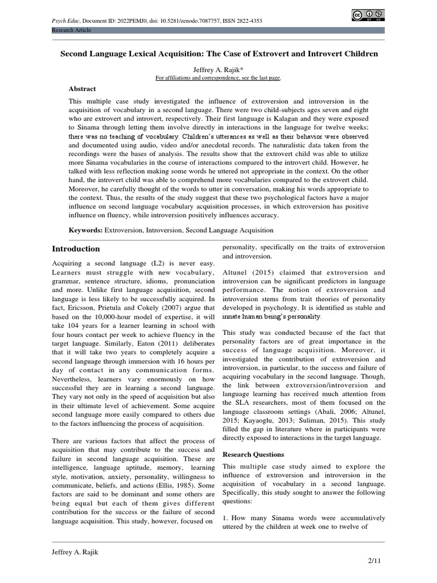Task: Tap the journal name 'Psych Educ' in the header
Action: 65,20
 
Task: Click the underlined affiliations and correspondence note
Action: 219,77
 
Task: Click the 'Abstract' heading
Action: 82,89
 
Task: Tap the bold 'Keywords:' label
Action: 85,230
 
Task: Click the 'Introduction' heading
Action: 76,249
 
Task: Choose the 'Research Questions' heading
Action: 253,454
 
